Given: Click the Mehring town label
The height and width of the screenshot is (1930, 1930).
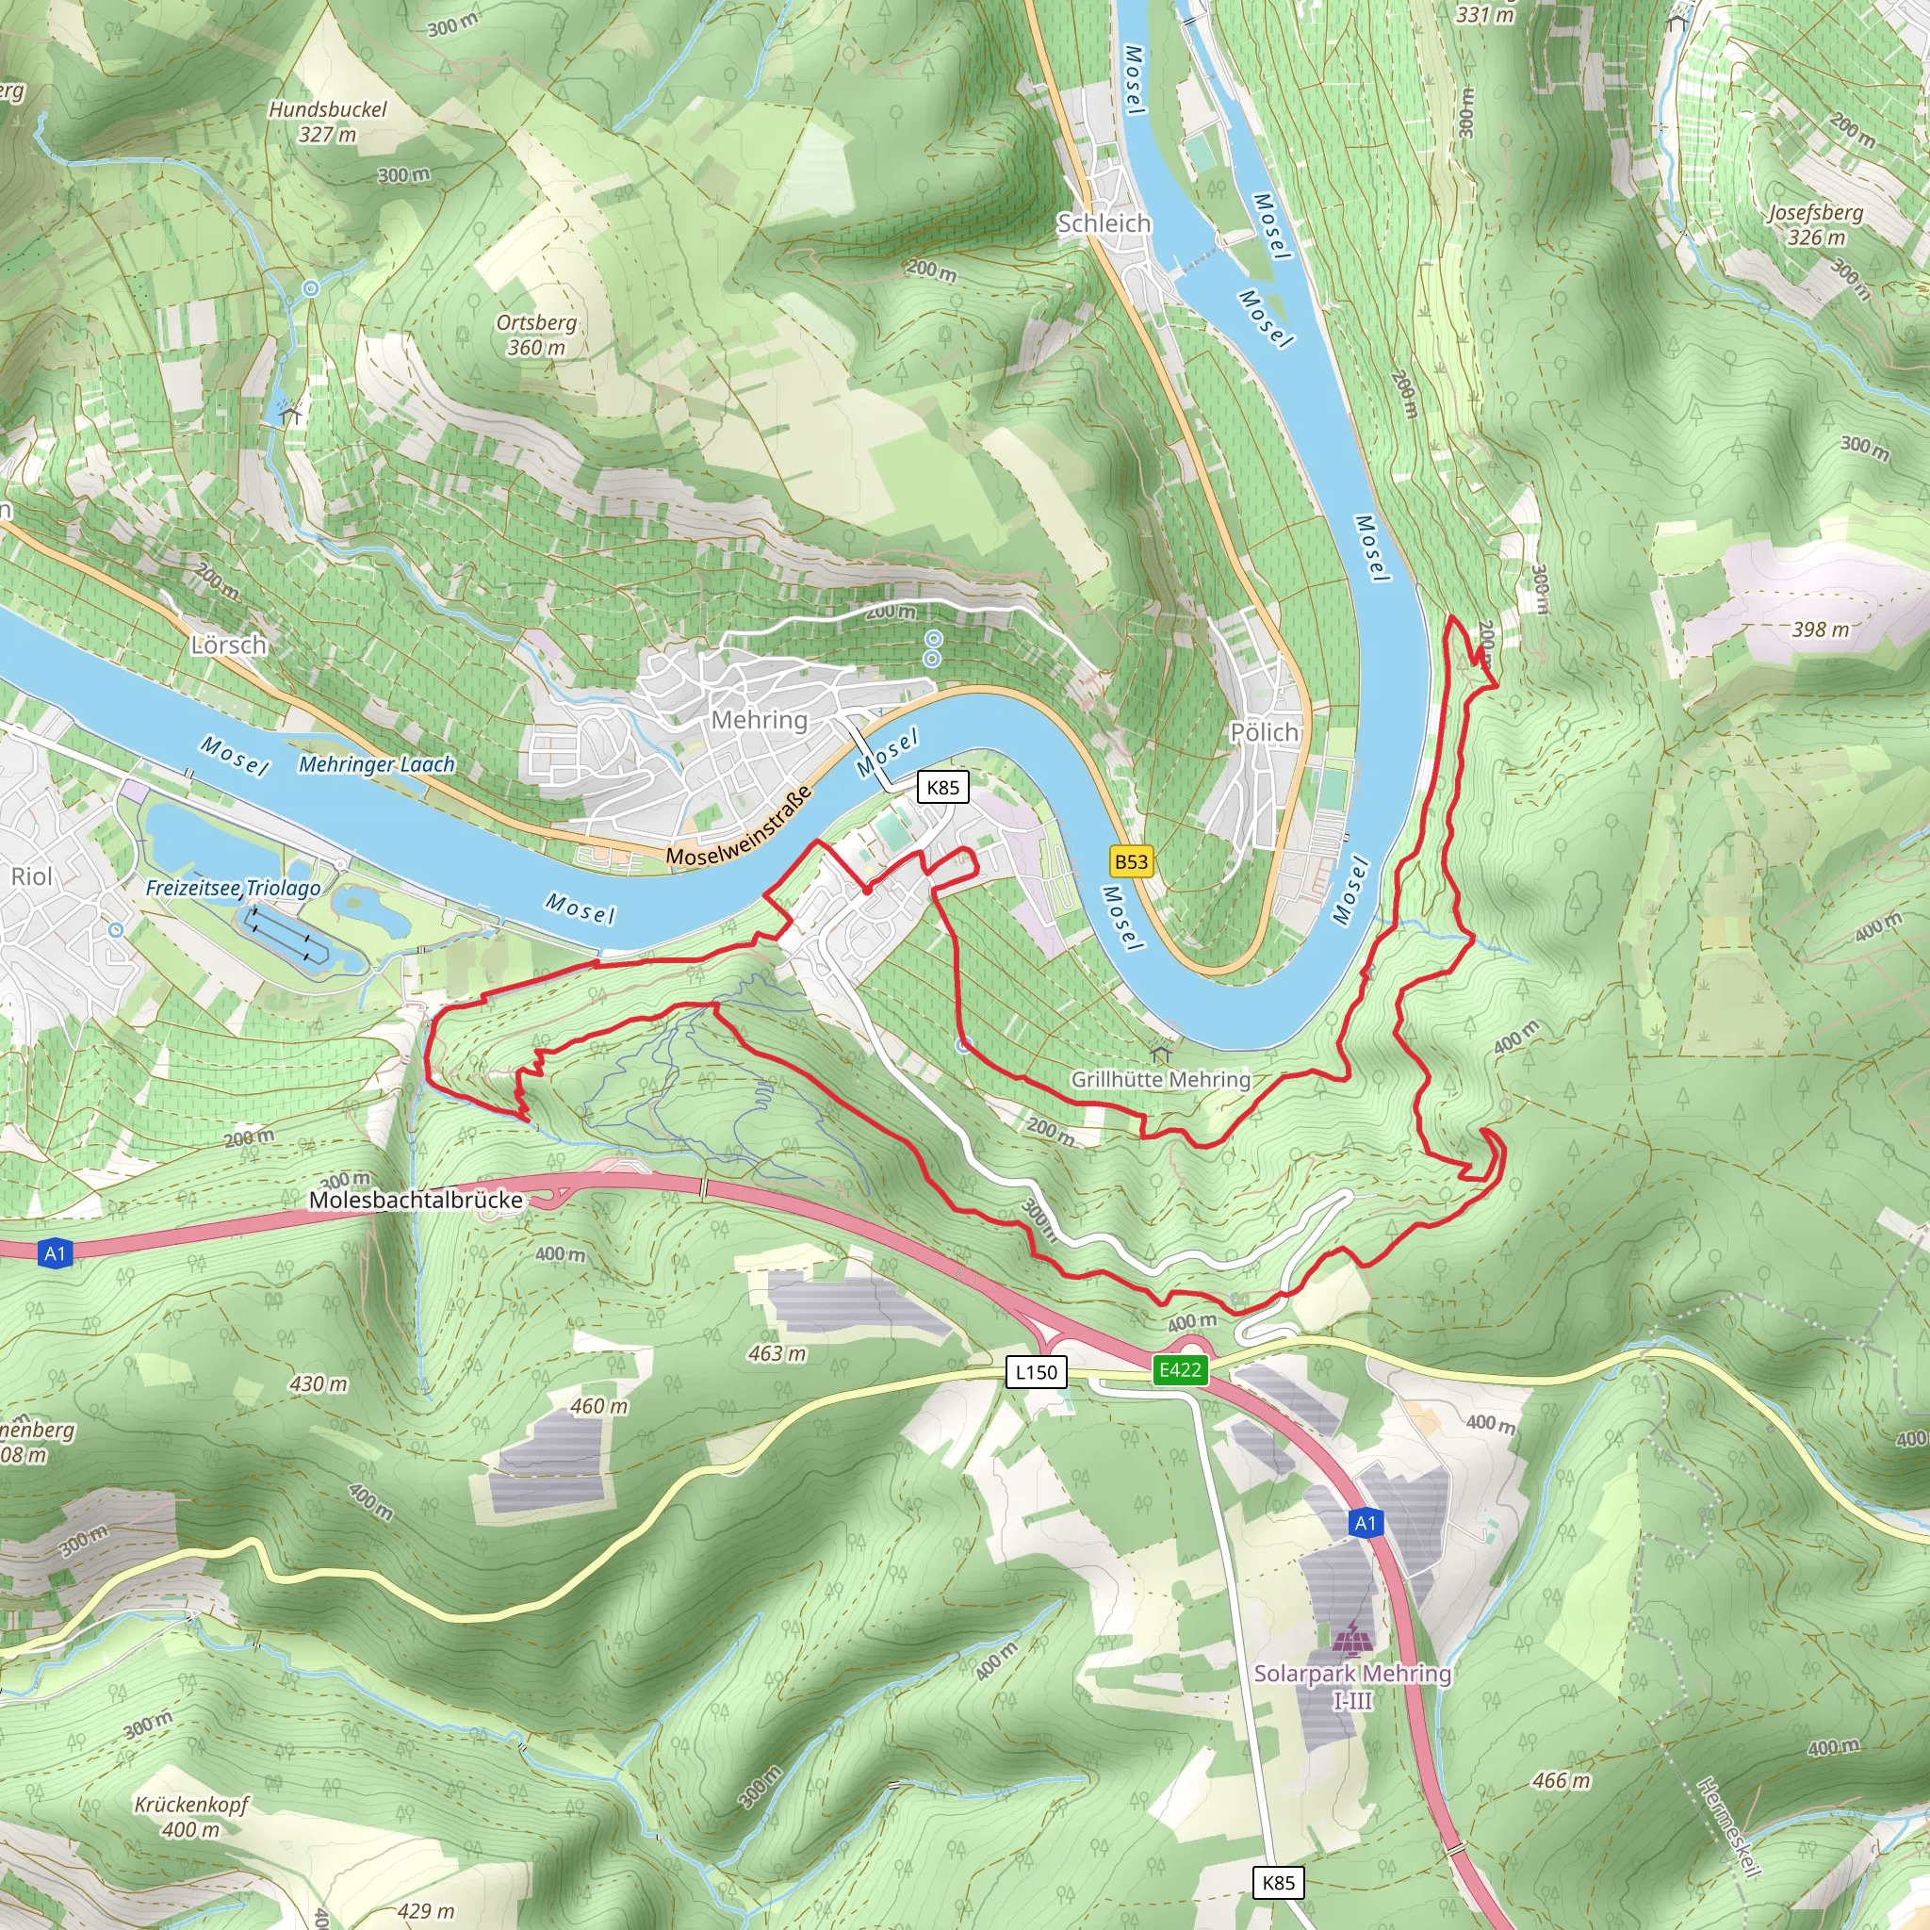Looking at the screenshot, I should click(760, 719).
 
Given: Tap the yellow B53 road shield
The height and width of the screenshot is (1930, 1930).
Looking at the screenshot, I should click(1131, 861).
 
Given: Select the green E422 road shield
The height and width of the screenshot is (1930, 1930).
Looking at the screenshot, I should click(1180, 1369).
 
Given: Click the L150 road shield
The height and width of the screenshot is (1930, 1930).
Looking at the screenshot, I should click(1036, 1372).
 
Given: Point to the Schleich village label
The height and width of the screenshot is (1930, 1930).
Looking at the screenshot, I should click(1104, 222).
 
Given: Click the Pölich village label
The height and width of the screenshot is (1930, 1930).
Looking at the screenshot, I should click(1264, 732).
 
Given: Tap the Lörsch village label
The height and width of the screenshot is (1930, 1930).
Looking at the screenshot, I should click(229, 645).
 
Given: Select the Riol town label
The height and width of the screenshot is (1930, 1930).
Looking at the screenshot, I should click(32, 876).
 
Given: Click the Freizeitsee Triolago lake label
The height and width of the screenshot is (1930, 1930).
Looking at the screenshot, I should click(233, 887).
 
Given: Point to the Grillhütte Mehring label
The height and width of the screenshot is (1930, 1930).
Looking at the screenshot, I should click(1161, 1079).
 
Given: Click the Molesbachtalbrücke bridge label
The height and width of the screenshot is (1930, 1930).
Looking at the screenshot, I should click(416, 1200).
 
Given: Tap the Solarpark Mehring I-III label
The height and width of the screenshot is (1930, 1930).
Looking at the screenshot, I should click(1352, 1685).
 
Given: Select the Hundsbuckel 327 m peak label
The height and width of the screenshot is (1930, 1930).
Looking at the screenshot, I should click(328, 121).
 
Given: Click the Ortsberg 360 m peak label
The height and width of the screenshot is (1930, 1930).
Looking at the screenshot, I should click(536, 335).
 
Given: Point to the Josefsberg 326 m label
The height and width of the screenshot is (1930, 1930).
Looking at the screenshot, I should click(1815, 225).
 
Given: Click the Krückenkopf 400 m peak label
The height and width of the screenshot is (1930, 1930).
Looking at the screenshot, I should click(190, 1817).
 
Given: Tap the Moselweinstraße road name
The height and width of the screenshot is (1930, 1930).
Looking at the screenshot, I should click(738, 827).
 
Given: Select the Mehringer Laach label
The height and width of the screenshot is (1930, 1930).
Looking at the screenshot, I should click(377, 764).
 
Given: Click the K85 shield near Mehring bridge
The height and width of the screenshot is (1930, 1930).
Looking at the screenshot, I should click(943, 787).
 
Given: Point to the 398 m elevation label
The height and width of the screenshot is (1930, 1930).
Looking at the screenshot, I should click(1820, 630).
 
